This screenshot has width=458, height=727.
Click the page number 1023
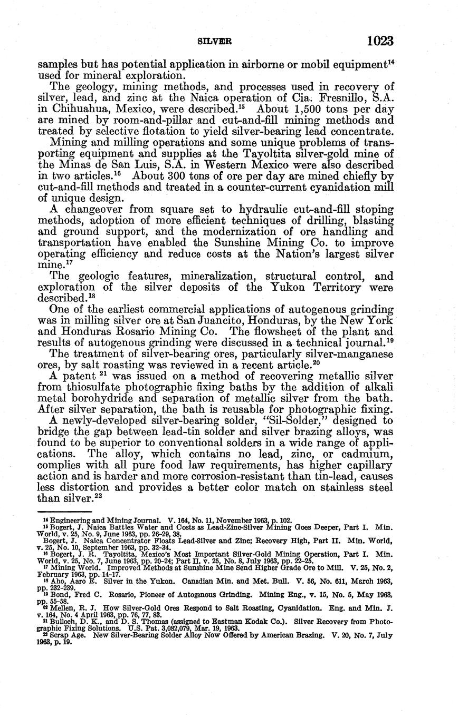coord(377,41)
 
